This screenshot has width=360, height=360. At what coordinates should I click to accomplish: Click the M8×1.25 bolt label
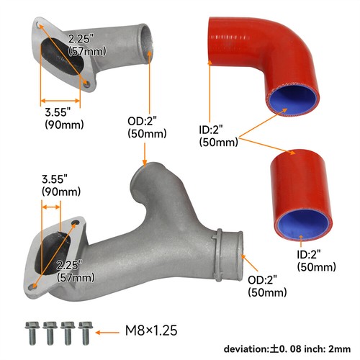pos(151,330)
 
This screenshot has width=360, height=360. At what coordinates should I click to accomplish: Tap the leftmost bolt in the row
pos(32,333)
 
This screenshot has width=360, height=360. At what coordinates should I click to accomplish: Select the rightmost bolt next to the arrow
pos(86,333)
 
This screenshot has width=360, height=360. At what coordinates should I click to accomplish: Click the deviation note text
pos(287,349)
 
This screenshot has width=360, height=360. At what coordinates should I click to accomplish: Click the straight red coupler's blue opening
pos(303,224)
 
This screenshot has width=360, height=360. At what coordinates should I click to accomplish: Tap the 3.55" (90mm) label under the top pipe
pos(64,118)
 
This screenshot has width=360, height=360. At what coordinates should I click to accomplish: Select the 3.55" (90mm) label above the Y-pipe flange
pos(61,185)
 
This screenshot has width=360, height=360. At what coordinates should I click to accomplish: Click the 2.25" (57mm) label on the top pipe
pos(87,45)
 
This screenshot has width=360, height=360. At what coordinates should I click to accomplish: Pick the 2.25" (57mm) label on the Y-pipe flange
pos(76,271)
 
